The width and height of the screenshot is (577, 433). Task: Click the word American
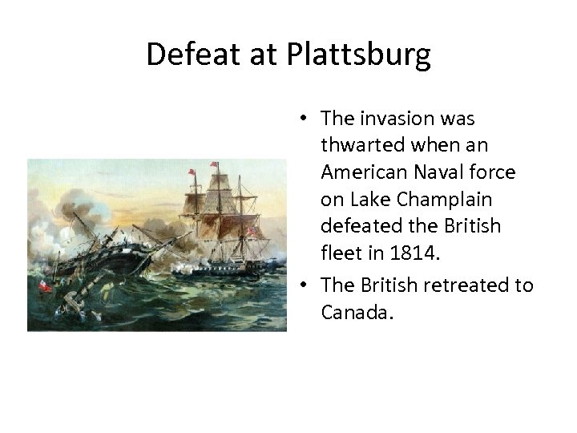(359, 172)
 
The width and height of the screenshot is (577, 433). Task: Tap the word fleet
(340, 254)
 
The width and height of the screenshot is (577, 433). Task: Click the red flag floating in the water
(46, 287)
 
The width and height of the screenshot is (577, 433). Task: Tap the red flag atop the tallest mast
(214, 164)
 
